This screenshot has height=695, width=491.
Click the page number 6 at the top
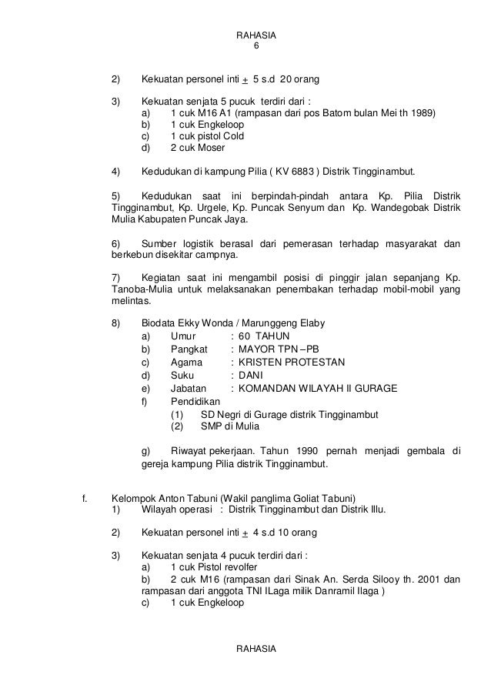click(257, 46)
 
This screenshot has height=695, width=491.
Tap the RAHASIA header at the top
click(257, 35)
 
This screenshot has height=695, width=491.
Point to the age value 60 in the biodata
click(245, 336)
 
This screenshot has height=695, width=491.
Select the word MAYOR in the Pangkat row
click(256, 349)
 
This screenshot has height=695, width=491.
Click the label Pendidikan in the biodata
click(195, 401)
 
